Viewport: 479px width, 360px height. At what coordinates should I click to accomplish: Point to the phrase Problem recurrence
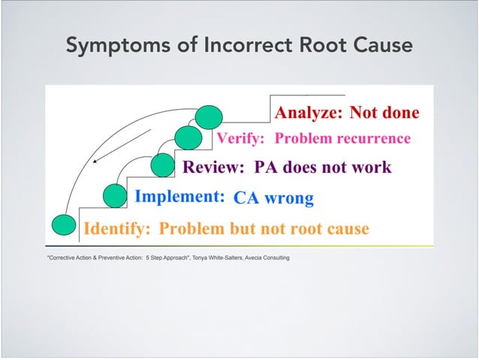pyautogui.click(x=342, y=139)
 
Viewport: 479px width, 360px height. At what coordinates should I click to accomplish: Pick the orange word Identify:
pyautogui.click(x=118, y=228)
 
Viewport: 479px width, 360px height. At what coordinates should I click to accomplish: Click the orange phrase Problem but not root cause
pyautogui.click(x=264, y=228)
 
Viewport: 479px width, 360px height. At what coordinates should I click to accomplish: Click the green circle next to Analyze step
pyautogui.click(x=209, y=116)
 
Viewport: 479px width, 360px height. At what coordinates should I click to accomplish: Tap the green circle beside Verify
pyautogui.click(x=188, y=139)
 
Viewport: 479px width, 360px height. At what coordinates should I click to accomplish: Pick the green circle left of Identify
pyautogui.click(x=65, y=225)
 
